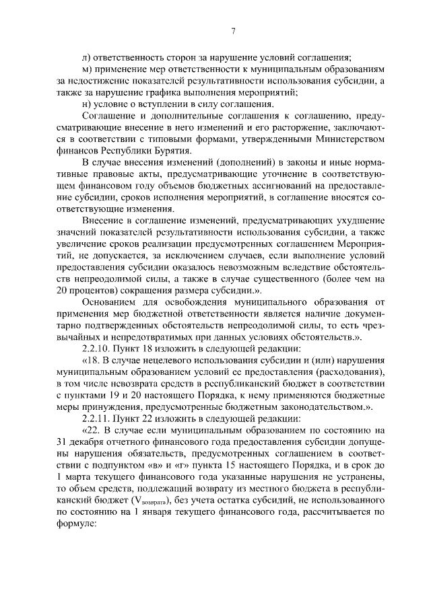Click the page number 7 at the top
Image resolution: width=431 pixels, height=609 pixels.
[x=232, y=30]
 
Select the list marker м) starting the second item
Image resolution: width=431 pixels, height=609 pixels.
[x=86, y=69]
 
